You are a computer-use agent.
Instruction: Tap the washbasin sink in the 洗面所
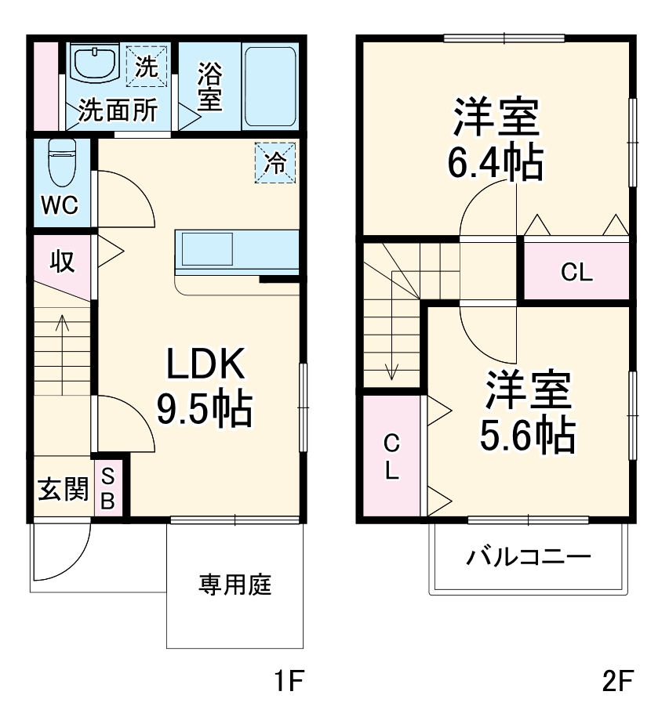94,62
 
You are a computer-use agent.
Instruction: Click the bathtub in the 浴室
269,86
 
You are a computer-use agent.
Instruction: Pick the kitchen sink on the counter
206,250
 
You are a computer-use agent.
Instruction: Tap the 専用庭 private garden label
235,584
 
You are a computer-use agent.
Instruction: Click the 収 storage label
62,261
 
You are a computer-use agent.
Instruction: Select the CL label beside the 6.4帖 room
576,272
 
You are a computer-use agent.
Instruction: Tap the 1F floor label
288,682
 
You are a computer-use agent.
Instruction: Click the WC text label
60,205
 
